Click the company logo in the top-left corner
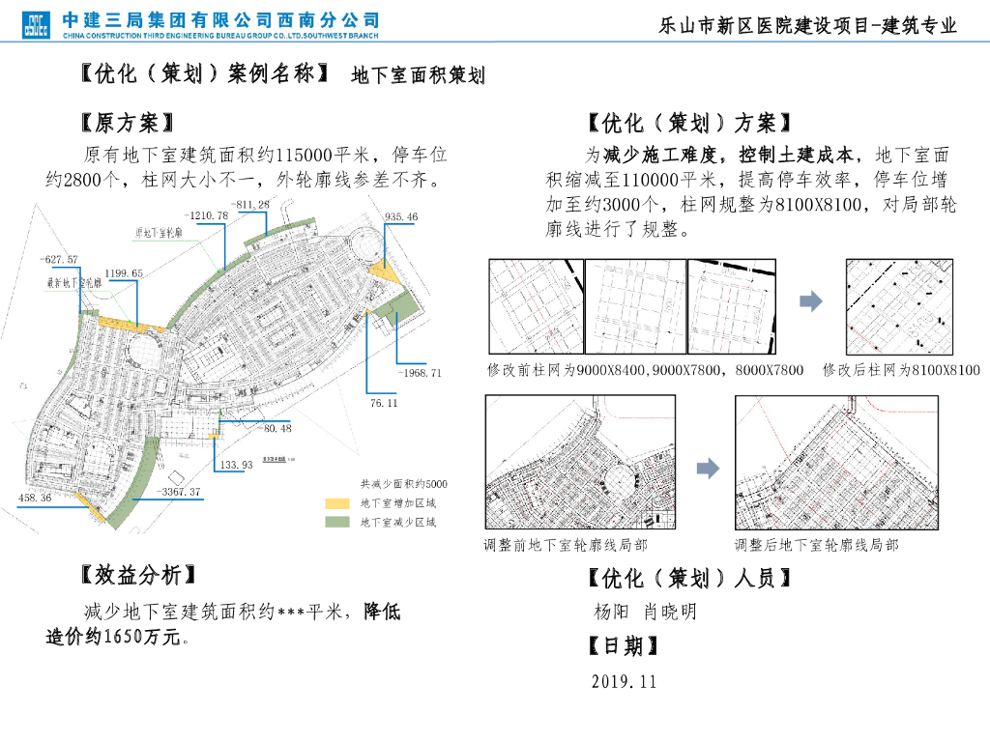(x=36, y=24)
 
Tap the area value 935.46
(x=400, y=217)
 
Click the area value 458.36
(x=35, y=498)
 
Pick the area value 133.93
(x=236, y=466)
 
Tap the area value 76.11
(x=384, y=403)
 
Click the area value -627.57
(x=60, y=260)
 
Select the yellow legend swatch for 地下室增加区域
(x=335, y=503)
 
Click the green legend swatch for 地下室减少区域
(x=335, y=523)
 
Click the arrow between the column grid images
(x=810, y=301)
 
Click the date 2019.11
(x=624, y=681)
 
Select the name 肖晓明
(x=670, y=612)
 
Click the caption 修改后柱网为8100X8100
(x=901, y=370)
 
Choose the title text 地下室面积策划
(x=418, y=76)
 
